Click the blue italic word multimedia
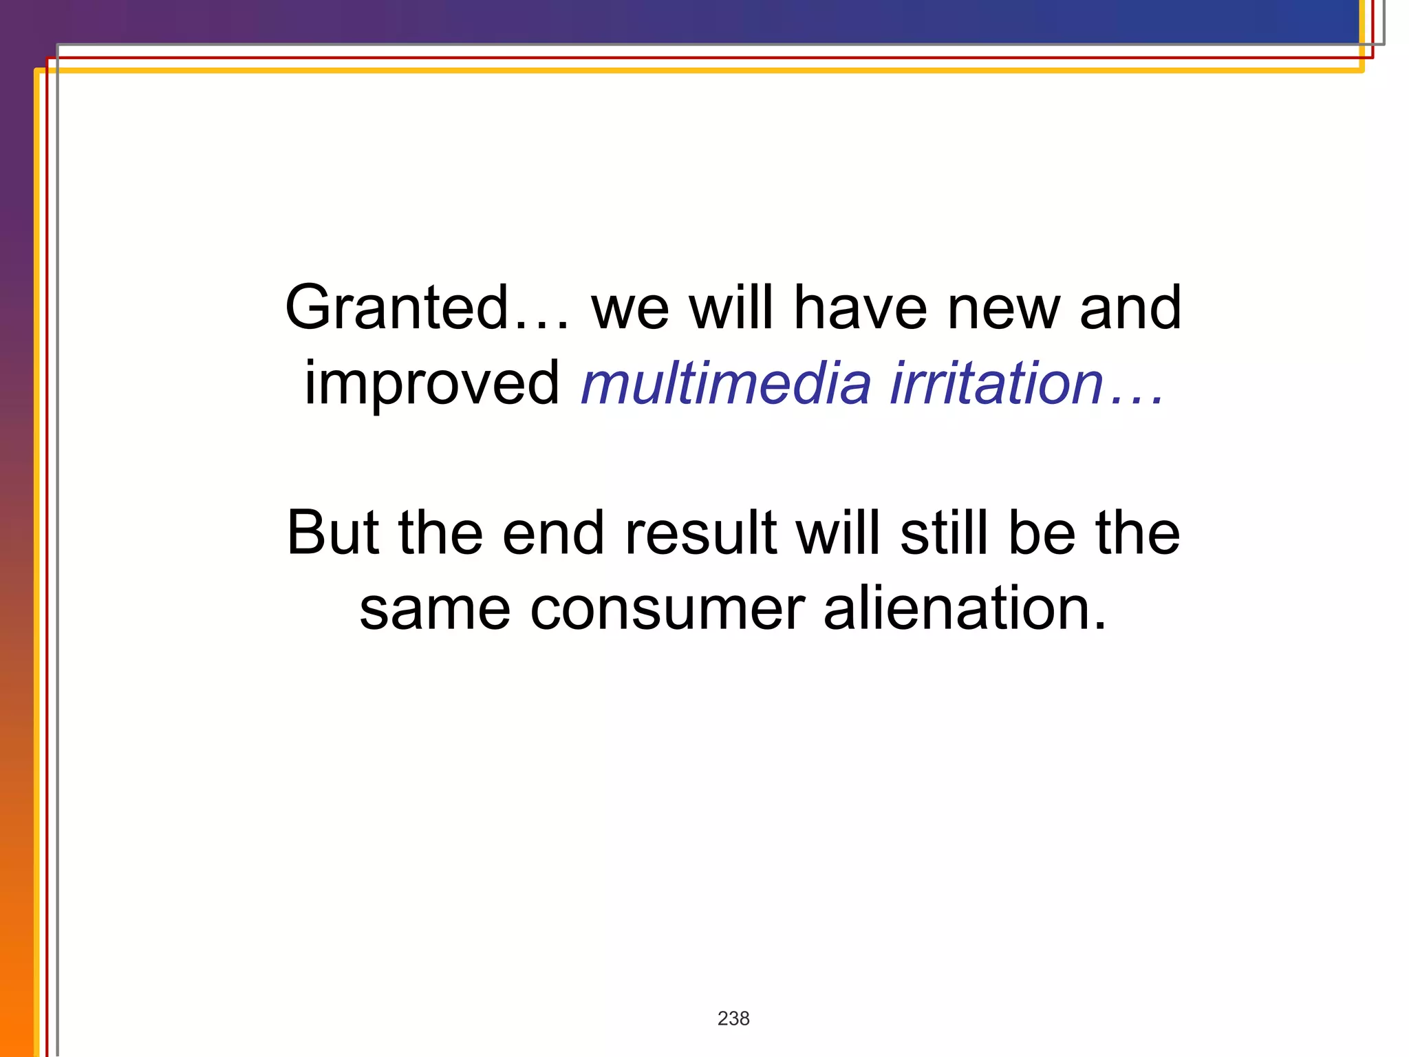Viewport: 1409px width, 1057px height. tap(726, 384)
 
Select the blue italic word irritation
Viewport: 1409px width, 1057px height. tap(996, 384)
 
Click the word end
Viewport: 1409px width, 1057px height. tap(553, 534)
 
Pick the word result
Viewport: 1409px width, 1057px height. tap(700, 534)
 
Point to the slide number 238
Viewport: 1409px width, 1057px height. tap(733, 1018)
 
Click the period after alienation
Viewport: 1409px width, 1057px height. tap(1099, 627)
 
